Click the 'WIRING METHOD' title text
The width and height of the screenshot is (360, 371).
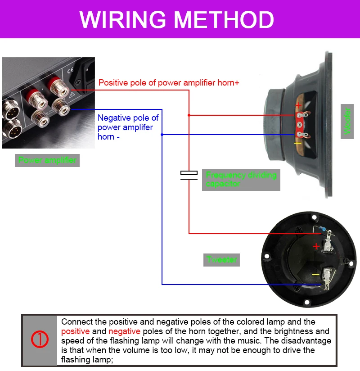[177, 19]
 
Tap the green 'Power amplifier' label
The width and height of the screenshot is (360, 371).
[47, 160]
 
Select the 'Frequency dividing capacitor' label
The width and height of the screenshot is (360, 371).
[241, 179]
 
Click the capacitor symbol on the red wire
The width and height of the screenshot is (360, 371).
[189, 175]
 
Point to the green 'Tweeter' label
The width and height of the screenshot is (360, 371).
[221, 260]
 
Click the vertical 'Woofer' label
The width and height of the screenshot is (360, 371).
[347, 121]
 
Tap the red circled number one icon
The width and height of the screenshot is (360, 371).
[40, 340]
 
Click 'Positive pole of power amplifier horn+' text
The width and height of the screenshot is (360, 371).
[169, 83]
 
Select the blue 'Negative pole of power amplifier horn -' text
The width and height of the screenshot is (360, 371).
[128, 127]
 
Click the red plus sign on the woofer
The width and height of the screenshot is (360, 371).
[298, 105]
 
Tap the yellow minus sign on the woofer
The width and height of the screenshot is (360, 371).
[297, 143]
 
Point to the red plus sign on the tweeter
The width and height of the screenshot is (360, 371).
[316, 246]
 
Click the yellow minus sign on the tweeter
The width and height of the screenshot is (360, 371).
[316, 275]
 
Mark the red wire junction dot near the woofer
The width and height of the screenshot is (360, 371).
[189, 115]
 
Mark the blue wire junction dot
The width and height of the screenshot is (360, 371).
[162, 134]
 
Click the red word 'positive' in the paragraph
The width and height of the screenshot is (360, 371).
[75, 331]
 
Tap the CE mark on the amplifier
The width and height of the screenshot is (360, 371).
[70, 70]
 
